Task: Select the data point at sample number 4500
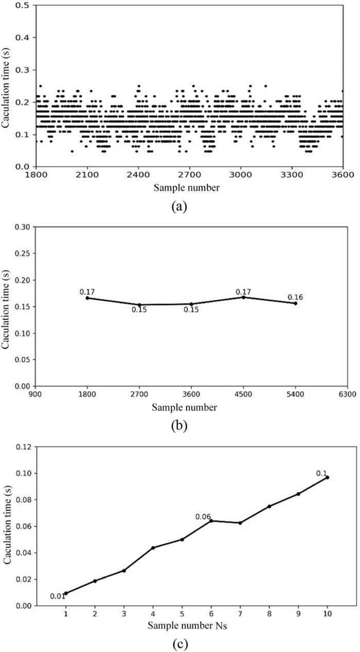pos(243,297)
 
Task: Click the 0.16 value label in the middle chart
pos(295,297)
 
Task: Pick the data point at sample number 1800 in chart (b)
pos(87,298)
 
